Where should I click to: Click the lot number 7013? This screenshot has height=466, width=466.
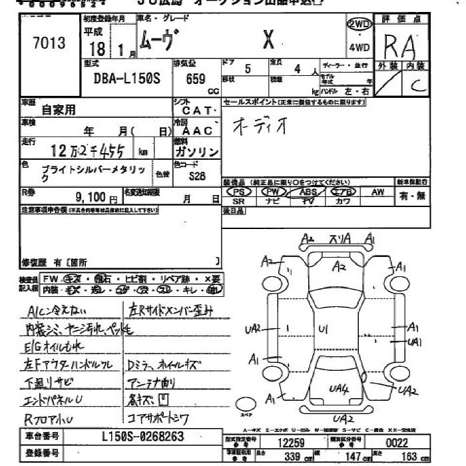[x=49, y=44]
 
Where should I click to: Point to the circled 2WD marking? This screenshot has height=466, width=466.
[x=359, y=24]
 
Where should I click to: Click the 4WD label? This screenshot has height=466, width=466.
[x=359, y=47]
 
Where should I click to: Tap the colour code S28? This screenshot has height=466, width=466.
[x=197, y=176]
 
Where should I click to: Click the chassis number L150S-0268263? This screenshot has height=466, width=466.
[x=143, y=437]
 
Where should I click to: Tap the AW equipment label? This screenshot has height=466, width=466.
[x=378, y=192]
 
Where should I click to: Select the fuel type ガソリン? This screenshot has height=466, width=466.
[x=198, y=152]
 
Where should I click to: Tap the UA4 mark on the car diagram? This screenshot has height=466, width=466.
[x=340, y=387]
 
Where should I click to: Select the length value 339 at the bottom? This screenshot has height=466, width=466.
[x=290, y=457]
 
